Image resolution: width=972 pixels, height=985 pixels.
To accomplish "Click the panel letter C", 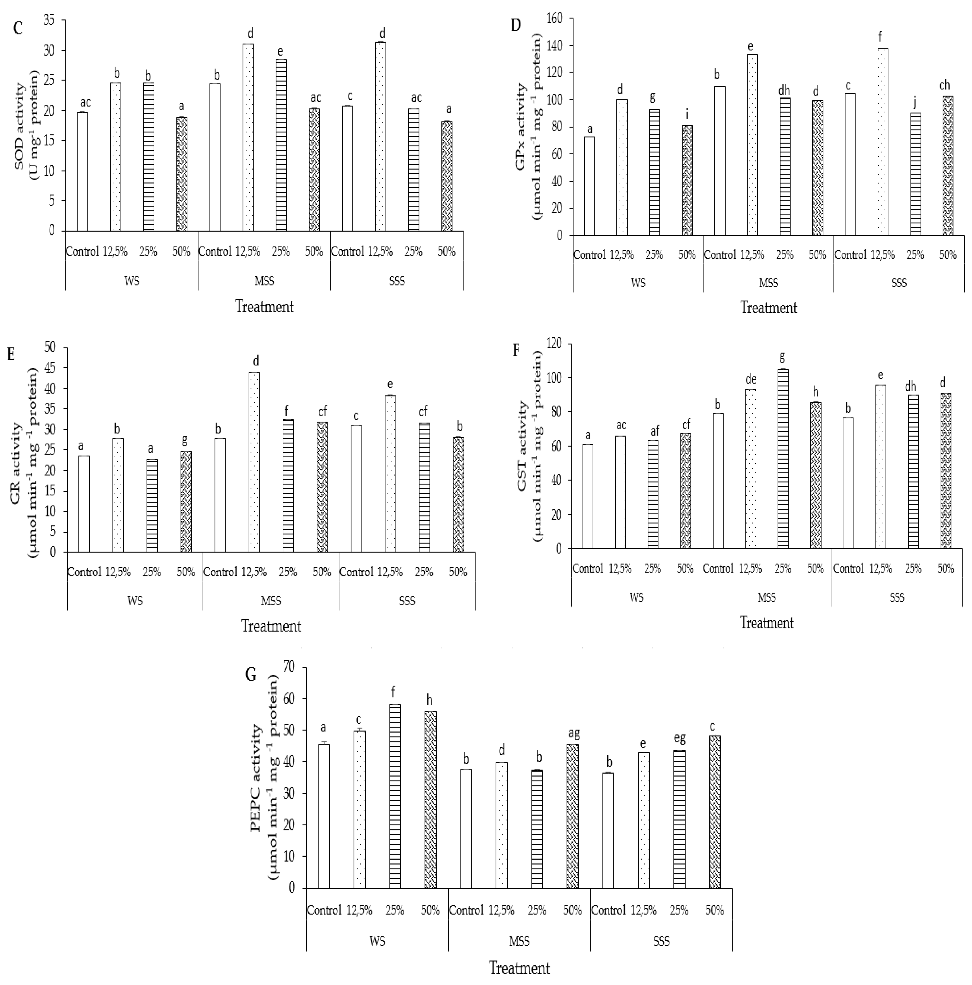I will pos(18,28).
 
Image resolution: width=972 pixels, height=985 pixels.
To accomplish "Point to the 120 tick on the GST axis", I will pos(553,344).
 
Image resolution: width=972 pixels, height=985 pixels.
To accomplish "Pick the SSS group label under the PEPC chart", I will pos(661,941).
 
